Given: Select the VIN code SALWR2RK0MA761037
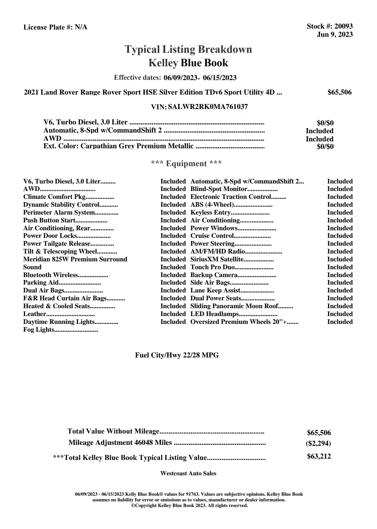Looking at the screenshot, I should tap(208, 107).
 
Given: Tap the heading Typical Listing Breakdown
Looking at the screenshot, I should tap(188, 49).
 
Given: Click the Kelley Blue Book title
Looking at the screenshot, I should tap(188, 63).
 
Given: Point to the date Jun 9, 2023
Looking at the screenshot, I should tap(335, 35).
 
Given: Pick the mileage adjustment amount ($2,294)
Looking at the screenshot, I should tap(318, 444).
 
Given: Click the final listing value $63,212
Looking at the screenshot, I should tap(319, 456).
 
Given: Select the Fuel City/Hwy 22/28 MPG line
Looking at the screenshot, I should tap(177, 355).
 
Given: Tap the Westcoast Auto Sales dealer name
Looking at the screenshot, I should tap(188, 473).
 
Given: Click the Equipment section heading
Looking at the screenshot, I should tap(186, 164).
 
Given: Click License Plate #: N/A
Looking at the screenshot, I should tap(55, 27).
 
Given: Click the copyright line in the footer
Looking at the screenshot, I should tap(189, 505).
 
